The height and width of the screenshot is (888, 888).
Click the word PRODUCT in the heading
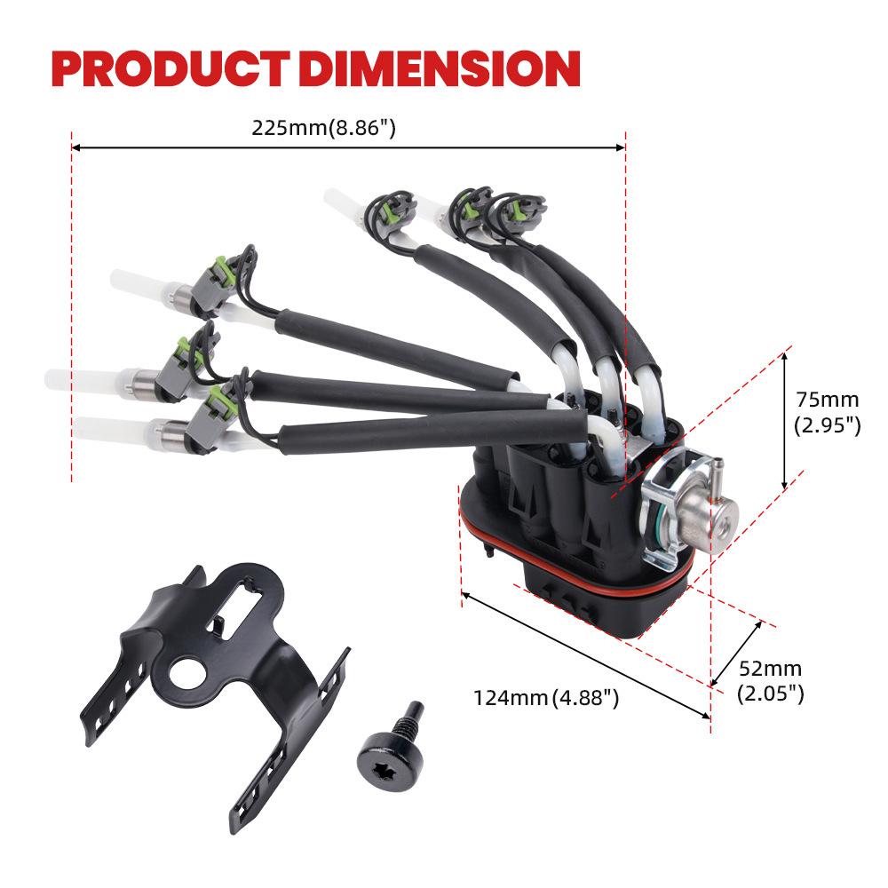pyautogui.click(x=170, y=68)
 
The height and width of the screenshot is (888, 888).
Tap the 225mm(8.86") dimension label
pyautogui.click(x=323, y=127)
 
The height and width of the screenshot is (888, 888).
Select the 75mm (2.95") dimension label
pyautogui.click(x=828, y=412)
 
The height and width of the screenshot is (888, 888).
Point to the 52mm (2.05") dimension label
pyautogui.click(x=770, y=681)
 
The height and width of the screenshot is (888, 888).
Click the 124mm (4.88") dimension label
pyautogui.click(x=546, y=698)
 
